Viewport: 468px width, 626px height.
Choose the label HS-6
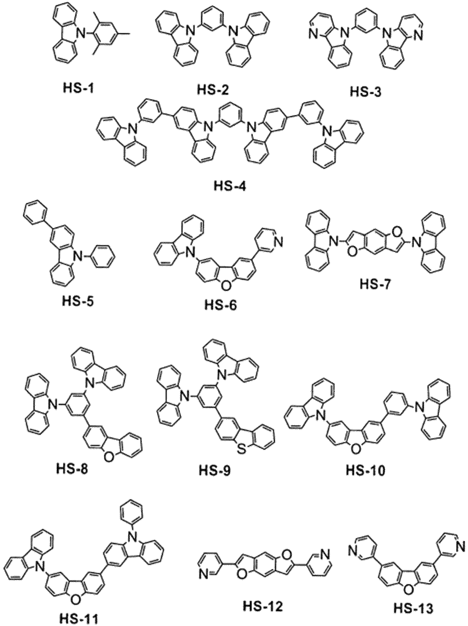[x=220, y=305]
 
